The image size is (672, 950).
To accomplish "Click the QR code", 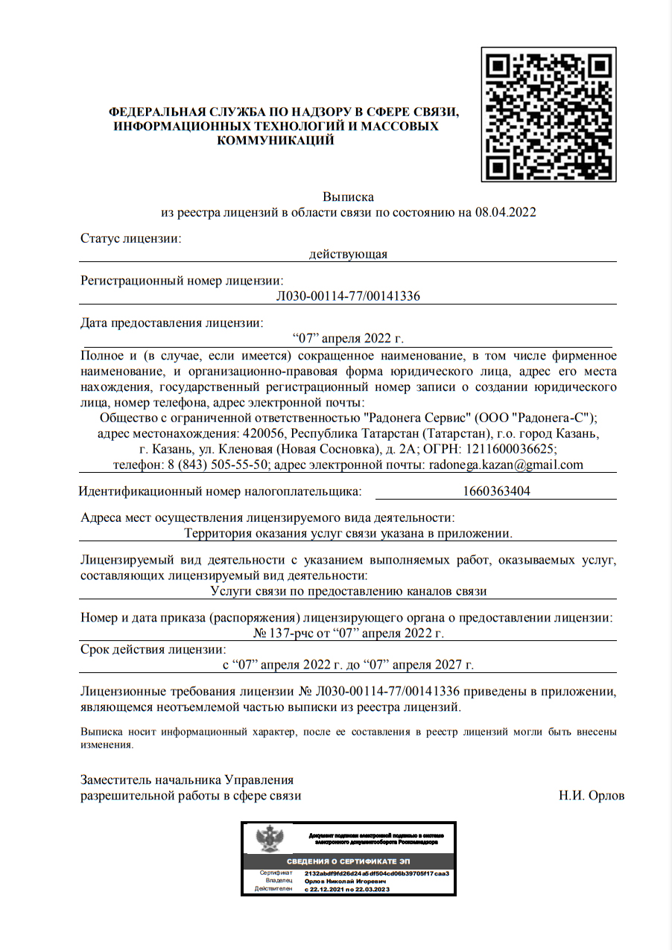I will (x=548, y=115).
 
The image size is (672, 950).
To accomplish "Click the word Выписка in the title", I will (x=348, y=197).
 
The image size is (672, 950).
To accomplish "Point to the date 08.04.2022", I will (x=506, y=212).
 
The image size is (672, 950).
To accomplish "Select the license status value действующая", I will (x=348, y=255).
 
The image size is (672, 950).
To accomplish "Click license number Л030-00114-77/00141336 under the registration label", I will (x=348, y=296).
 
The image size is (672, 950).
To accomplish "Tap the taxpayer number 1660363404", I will (x=496, y=491).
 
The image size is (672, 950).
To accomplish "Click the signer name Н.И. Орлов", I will (x=592, y=795).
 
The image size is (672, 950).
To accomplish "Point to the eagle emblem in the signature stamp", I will (x=270, y=839).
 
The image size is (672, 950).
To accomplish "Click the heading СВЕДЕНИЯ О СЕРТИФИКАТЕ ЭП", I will (x=348, y=861).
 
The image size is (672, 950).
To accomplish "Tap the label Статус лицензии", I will (x=131, y=239).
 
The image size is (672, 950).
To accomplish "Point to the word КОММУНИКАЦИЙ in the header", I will (x=275, y=140).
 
